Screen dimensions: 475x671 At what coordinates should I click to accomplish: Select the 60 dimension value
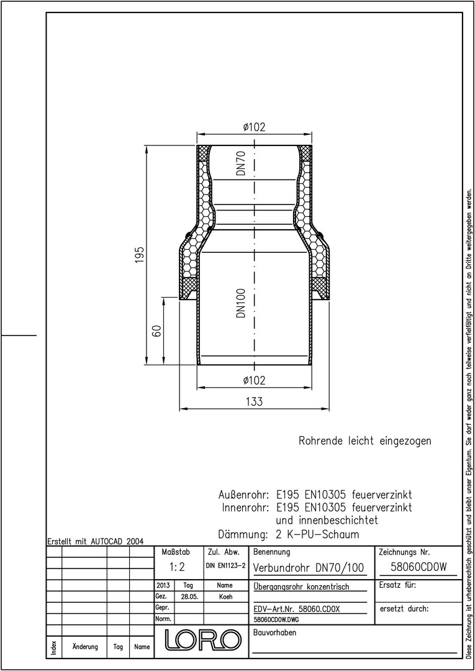click(x=157, y=331)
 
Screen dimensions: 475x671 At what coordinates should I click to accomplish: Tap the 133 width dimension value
click(x=255, y=402)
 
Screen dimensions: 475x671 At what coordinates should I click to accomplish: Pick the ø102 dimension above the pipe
click(x=255, y=127)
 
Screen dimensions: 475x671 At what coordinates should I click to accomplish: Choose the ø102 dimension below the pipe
click(x=255, y=380)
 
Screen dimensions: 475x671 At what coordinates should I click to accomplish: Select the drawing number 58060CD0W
click(x=419, y=567)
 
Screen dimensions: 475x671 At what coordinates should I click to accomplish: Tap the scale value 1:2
click(x=176, y=567)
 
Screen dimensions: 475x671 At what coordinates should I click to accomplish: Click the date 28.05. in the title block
click(x=189, y=596)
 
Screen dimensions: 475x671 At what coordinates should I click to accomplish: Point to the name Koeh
click(x=225, y=596)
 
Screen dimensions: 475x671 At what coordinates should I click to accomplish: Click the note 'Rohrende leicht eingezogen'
click(x=364, y=441)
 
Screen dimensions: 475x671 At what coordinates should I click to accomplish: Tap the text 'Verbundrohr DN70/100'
click(x=309, y=568)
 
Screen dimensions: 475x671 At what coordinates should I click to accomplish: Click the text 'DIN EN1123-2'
click(x=225, y=566)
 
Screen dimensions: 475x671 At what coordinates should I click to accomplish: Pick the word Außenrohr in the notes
click(x=243, y=496)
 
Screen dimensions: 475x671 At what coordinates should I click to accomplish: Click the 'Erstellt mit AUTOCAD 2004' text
click(x=96, y=541)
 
